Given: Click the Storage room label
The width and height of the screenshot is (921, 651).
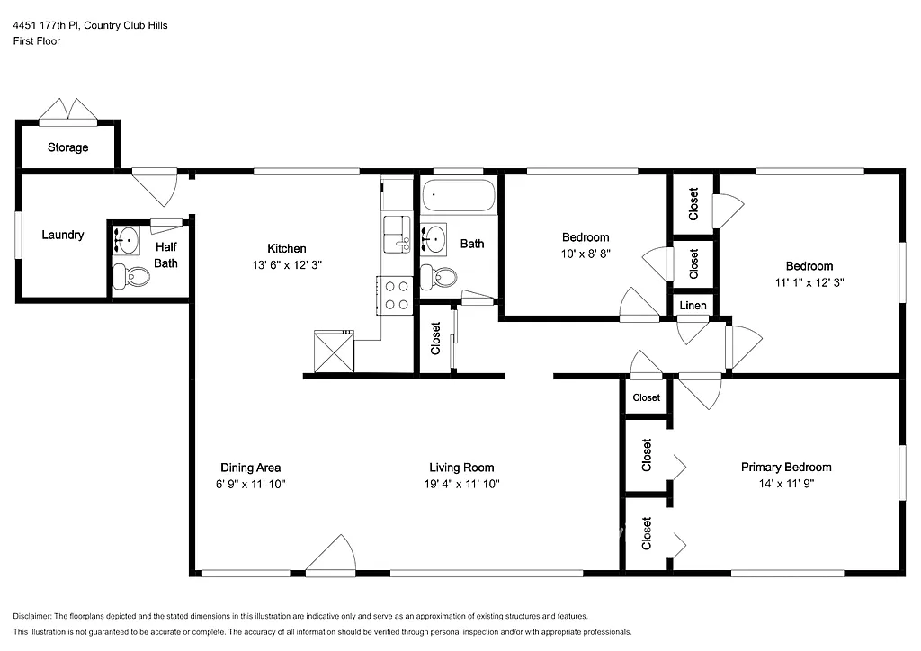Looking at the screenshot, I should click(x=67, y=147).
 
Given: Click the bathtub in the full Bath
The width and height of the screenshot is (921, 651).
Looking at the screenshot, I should click(x=459, y=195).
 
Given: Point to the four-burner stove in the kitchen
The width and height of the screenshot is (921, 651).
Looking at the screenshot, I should click(x=395, y=295).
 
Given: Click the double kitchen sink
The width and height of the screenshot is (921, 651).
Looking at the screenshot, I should click(x=397, y=235).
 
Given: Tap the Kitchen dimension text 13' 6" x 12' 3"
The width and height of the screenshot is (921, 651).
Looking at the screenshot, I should click(x=287, y=265).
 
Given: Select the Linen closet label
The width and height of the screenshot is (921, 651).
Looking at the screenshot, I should click(x=693, y=306).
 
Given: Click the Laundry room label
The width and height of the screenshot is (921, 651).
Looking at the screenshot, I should click(x=63, y=235).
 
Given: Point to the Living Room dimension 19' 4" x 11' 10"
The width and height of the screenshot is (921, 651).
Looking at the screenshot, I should click(x=460, y=484).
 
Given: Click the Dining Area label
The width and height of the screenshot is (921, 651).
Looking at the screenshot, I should click(x=251, y=468).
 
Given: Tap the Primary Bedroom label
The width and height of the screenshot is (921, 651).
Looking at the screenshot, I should click(x=785, y=468).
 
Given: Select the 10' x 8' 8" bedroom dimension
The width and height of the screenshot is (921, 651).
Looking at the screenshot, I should click(x=585, y=254).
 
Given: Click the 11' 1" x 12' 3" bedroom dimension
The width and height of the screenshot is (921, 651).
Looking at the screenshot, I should click(x=809, y=282).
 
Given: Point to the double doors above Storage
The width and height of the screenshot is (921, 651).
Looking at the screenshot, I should click(x=67, y=110).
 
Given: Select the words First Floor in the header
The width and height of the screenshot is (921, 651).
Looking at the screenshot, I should click(x=37, y=41).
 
